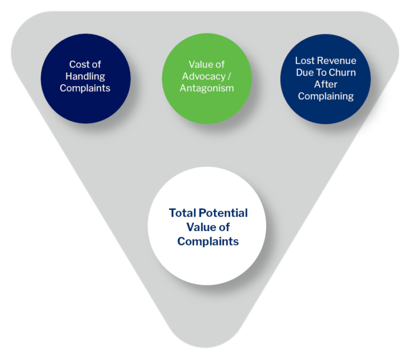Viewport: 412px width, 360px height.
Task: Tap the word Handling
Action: point(85,76)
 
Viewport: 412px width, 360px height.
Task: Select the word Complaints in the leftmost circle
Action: point(85,88)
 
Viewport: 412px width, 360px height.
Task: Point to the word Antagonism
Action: point(207,88)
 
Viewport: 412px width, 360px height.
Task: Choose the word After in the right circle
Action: point(326,84)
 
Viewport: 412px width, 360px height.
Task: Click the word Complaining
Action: point(326,97)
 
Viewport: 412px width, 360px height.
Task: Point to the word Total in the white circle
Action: point(183,213)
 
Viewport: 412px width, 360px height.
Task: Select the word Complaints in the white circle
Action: point(208,241)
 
